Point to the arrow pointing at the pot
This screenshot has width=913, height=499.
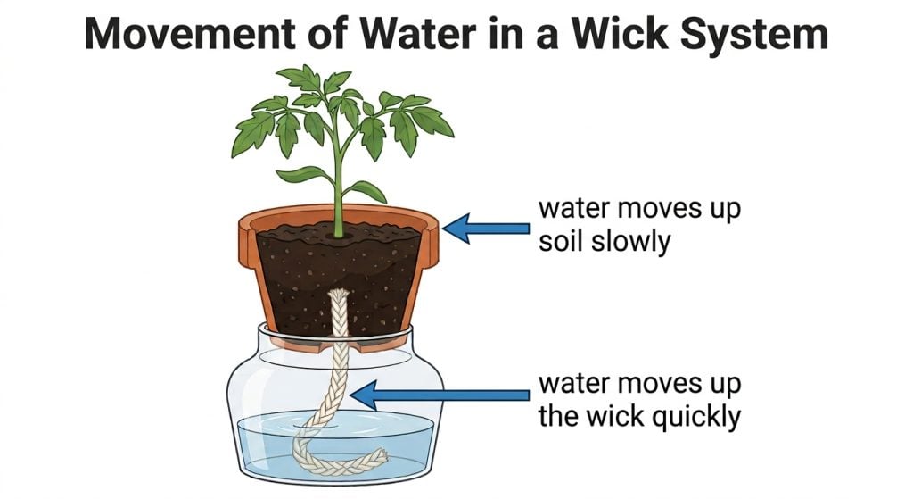click(486, 228)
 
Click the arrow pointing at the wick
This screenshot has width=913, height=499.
click(440, 395)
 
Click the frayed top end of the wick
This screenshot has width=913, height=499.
click(339, 295)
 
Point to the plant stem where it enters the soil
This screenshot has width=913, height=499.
click(338, 233)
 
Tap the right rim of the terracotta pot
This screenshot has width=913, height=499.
click(429, 239)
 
